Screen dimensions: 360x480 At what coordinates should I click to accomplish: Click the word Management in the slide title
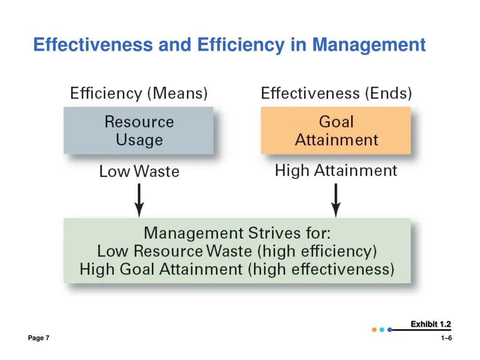coord(369,45)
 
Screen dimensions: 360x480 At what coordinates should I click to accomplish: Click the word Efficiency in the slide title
coord(240,45)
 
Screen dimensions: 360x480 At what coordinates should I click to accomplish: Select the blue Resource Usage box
coord(139,131)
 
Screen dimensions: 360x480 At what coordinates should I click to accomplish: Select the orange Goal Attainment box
coord(336,131)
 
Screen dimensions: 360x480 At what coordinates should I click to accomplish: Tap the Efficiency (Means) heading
coord(139,93)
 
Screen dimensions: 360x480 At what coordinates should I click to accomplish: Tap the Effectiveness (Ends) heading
coord(336,93)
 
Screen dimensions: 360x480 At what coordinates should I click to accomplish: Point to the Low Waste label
coord(139,171)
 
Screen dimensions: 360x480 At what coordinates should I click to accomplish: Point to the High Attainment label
coord(336,170)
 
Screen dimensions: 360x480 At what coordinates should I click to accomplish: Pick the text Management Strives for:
coord(237,233)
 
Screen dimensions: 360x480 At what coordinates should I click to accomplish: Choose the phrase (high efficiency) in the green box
coord(317,251)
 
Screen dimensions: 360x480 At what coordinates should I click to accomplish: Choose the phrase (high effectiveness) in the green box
coord(321,270)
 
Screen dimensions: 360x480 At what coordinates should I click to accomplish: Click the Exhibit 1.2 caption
coord(430,324)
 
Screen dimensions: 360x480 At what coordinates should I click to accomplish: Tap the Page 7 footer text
coord(38,338)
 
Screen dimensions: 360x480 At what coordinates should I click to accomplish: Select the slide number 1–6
coord(446,338)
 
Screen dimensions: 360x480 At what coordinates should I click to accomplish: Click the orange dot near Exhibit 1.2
coord(374,330)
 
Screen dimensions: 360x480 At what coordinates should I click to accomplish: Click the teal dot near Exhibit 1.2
coord(382,330)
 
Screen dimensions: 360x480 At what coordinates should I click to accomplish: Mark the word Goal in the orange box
coord(336,122)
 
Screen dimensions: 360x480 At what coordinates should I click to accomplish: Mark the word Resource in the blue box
coord(139,122)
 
